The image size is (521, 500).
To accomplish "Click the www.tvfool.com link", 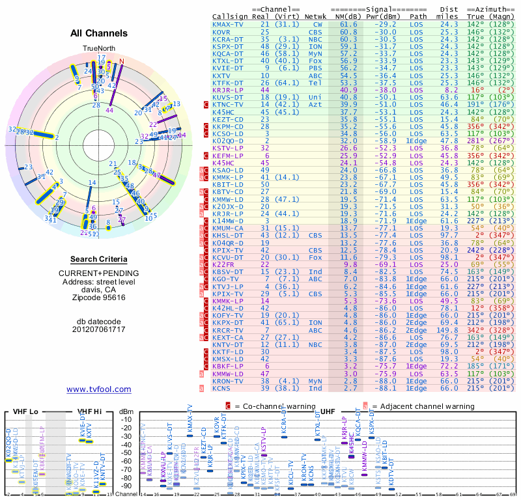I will (x=99, y=389).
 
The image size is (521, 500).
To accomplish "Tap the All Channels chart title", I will (x=99, y=33).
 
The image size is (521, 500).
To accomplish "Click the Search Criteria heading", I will (x=99, y=259).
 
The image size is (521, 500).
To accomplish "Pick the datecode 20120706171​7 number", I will (x=99, y=329).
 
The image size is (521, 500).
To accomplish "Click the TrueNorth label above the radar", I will (x=98, y=49).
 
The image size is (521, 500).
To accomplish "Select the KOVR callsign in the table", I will (x=221, y=31).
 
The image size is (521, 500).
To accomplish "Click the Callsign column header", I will (x=230, y=16).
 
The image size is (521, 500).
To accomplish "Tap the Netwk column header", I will (x=317, y=16).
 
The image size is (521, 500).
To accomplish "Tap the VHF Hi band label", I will (x=89, y=411).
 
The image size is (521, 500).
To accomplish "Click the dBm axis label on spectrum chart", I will (x=127, y=411).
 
